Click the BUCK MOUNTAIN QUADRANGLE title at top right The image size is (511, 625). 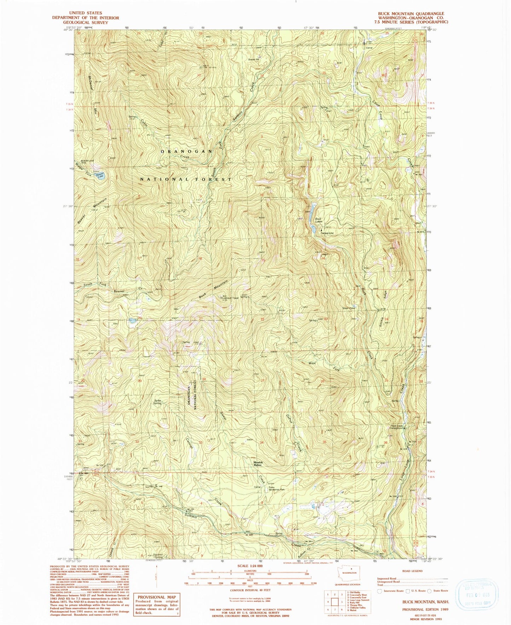[411, 13]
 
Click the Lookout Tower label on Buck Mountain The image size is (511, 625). [230, 298]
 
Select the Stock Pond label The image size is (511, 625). [348, 308]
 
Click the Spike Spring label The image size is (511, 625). [157, 402]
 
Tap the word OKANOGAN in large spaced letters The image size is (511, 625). [187, 151]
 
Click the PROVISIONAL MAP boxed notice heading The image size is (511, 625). [156, 597]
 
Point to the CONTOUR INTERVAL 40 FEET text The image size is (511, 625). [250, 590]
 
